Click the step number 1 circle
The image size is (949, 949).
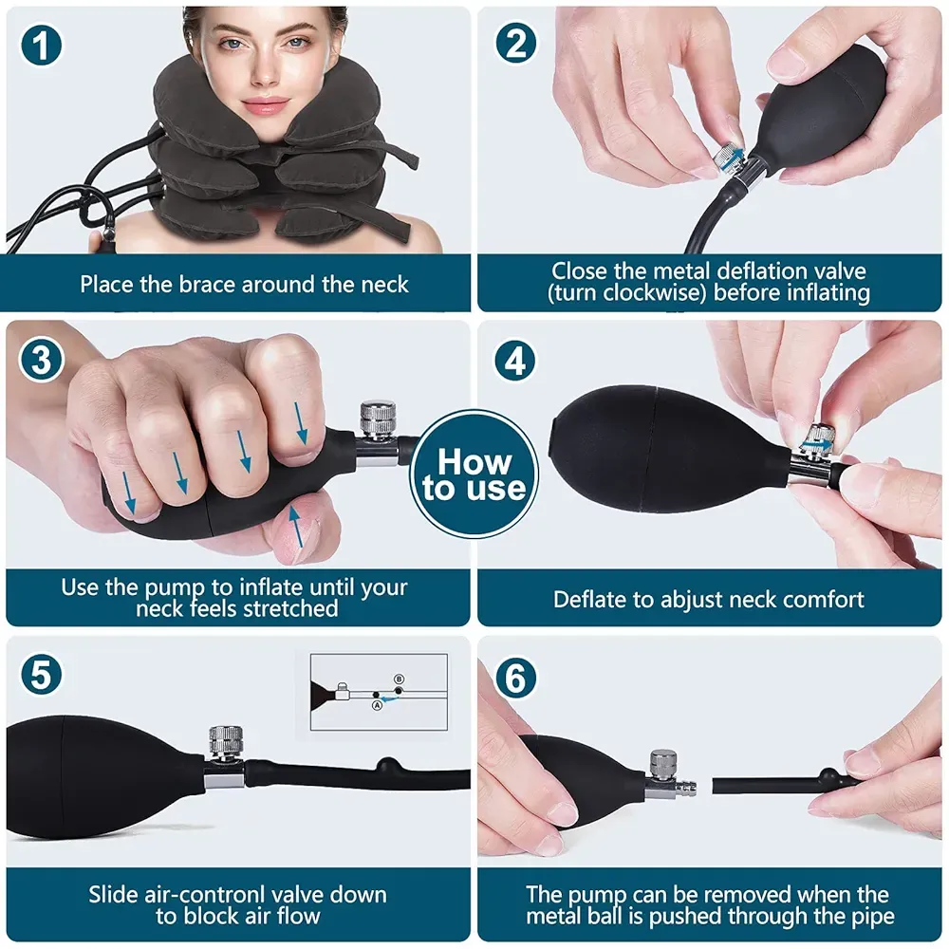42,46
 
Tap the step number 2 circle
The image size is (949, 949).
514,46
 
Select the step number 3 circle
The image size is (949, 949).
42,361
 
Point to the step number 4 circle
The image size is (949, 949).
514,361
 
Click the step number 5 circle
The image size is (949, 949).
42,676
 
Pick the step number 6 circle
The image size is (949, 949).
514,676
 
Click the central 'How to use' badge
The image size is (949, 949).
474,475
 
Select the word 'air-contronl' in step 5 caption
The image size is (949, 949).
212,894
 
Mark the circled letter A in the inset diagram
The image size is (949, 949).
377,704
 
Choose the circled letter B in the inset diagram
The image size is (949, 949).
399,679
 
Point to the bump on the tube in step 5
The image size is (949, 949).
387,765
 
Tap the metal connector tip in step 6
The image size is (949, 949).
685,787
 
